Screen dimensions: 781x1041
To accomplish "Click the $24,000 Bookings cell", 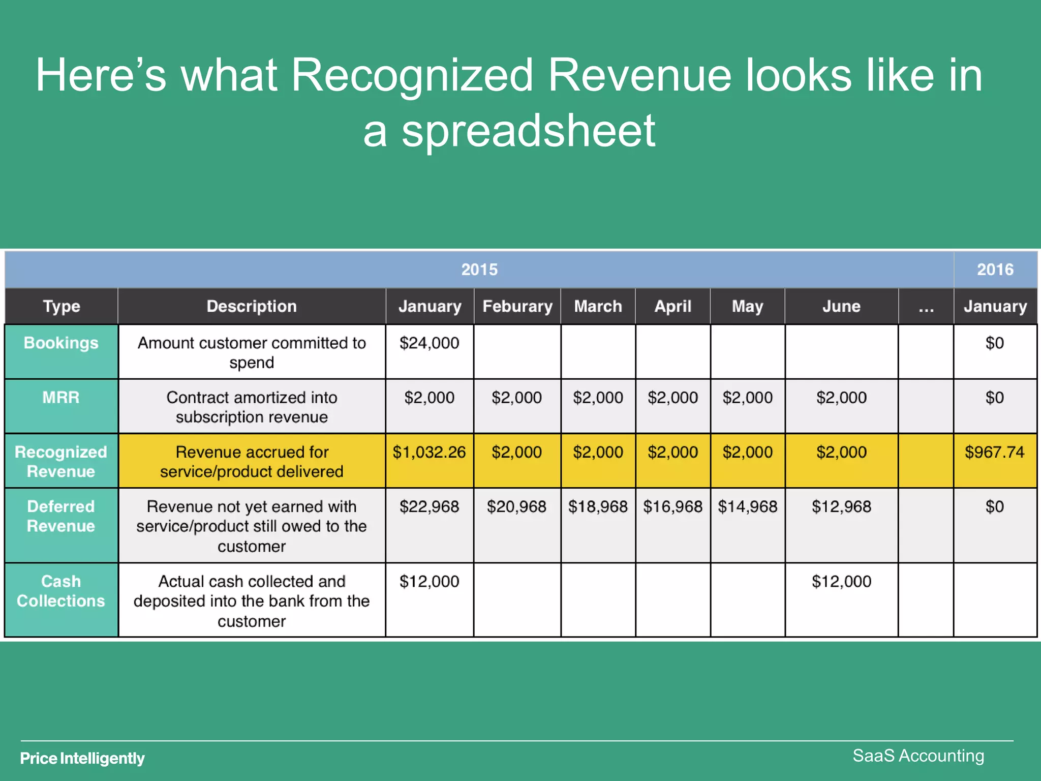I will click(x=429, y=343).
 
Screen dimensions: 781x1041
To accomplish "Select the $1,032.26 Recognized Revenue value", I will click(x=429, y=452).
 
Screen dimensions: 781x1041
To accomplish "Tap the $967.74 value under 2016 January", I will click(x=994, y=452).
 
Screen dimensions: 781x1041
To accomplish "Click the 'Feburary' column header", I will click(x=517, y=306).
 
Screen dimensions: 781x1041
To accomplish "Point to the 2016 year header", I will click(x=995, y=269).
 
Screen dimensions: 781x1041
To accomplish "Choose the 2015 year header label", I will click(x=479, y=269).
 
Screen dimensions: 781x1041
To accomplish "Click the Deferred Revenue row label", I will click(x=61, y=516).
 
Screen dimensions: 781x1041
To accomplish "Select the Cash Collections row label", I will click(x=61, y=591).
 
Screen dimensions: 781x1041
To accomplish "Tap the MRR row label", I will click(x=61, y=398).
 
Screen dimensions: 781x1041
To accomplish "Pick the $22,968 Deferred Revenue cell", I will click(x=429, y=506).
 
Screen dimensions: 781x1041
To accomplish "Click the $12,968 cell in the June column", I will click(x=841, y=506).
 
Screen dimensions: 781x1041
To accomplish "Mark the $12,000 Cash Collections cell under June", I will click(x=841, y=581).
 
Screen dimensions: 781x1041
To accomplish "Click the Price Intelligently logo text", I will click(x=82, y=758).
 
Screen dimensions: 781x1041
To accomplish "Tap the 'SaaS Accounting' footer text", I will click(x=918, y=756).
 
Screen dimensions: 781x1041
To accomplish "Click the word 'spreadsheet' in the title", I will click(x=529, y=131).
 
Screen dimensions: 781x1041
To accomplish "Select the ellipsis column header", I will click(x=926, y=306).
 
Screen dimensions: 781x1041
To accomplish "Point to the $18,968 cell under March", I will click(x=598, y=506).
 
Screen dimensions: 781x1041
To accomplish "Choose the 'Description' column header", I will click(x=252, y=306).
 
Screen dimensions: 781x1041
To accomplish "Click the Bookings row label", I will click(x=61, y=343).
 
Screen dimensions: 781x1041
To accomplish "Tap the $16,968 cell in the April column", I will click(x=672, y=506).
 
